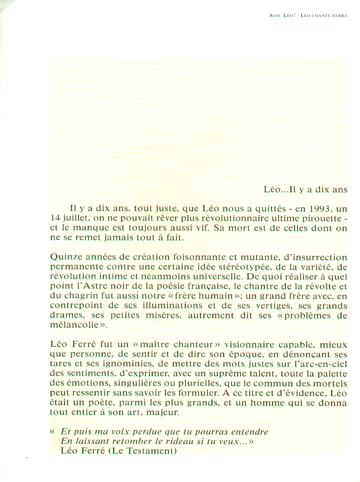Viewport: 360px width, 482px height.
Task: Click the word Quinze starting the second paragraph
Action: click(64, 257)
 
